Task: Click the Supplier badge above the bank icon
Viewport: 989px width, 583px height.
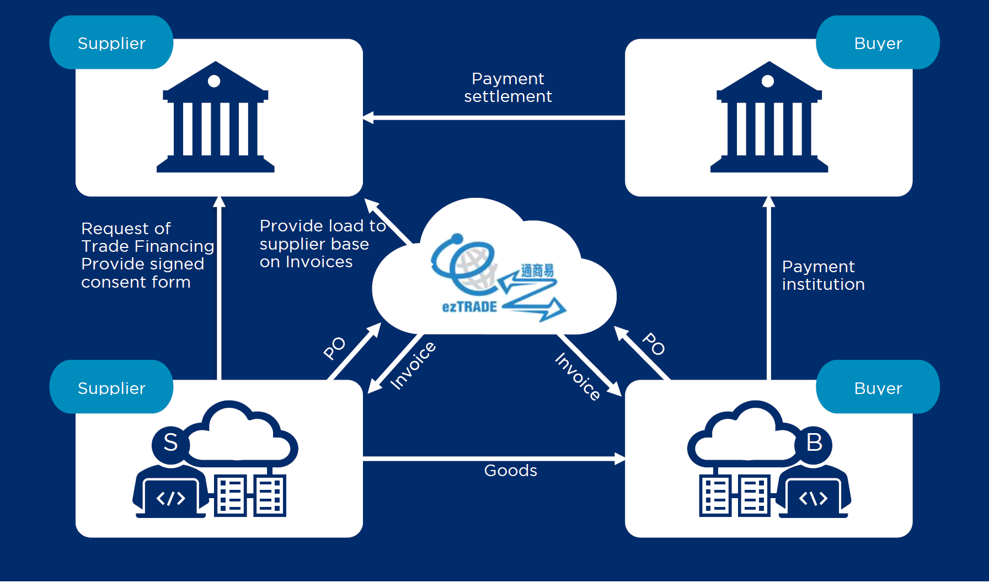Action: pos(111,43)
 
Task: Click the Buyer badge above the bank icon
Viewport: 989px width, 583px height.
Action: pos(878,43)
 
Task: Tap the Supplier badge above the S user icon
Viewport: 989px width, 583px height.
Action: pos(111,387)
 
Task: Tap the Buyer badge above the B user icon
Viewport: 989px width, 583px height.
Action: pos(878,387)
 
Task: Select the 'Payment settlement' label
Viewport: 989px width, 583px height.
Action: pos(507,88)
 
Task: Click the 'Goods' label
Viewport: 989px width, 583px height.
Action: pos(510,470)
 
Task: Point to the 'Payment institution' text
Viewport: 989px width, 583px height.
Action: pos(823,276)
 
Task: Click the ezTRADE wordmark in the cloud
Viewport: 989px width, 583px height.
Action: pos(469,307)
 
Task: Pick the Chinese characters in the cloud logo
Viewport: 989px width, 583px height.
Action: pos(537,271)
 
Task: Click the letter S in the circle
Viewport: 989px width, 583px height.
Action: pos(170,442)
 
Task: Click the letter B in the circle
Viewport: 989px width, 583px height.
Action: pos(814,442)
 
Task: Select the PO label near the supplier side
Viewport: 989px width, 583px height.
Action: pos(334,348)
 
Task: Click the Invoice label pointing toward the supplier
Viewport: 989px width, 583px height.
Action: pos(413,365)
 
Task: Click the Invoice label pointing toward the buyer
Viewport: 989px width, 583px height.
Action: pos(578,376)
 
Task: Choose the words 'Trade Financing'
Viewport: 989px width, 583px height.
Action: pos(147,246)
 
